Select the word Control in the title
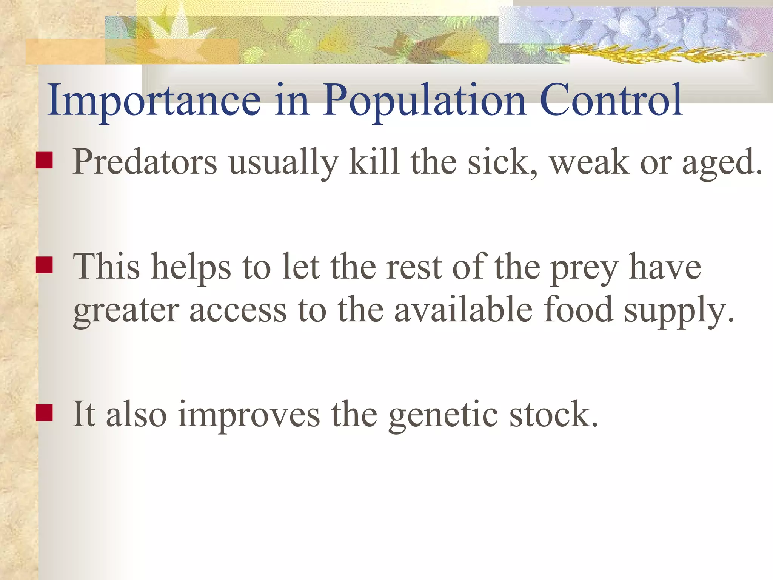coord(611,100)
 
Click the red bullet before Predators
coord(44,160)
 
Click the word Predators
coord(145,162)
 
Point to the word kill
coord(374,162)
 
